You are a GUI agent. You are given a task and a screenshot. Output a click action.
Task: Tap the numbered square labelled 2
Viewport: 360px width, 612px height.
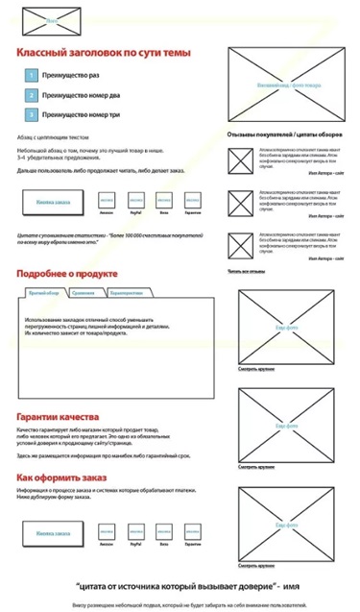click(x=31, y=94)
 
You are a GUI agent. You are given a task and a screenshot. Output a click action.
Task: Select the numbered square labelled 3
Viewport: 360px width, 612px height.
click(x=31, y=114)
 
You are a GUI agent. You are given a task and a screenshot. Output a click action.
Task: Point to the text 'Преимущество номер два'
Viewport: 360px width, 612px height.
click(x=82, y=94)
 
